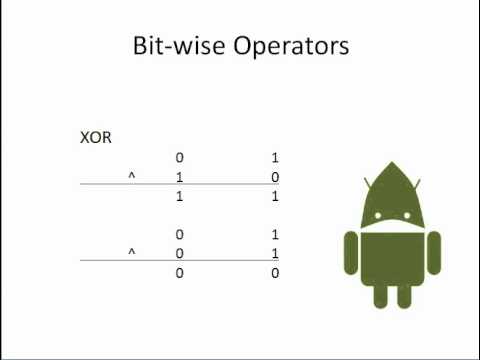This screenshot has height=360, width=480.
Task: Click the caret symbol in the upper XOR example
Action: (x=131, y=176)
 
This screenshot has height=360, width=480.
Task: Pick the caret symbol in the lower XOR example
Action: (x=131, y=252)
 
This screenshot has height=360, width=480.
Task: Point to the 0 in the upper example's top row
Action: (x=179, y=158)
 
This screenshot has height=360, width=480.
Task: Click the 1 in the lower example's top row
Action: (x=274, y=234)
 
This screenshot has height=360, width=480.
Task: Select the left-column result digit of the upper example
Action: (x=179, y=197)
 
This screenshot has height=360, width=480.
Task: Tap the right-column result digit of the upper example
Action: (x=274, y=197)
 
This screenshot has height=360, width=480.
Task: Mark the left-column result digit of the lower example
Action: (x=179, y=272)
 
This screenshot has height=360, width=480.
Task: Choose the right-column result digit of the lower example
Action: (x=274, y=272)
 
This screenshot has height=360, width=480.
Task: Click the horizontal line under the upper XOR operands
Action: (x=179, y=187)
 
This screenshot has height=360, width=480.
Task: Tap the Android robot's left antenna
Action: (x=369, y=183)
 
